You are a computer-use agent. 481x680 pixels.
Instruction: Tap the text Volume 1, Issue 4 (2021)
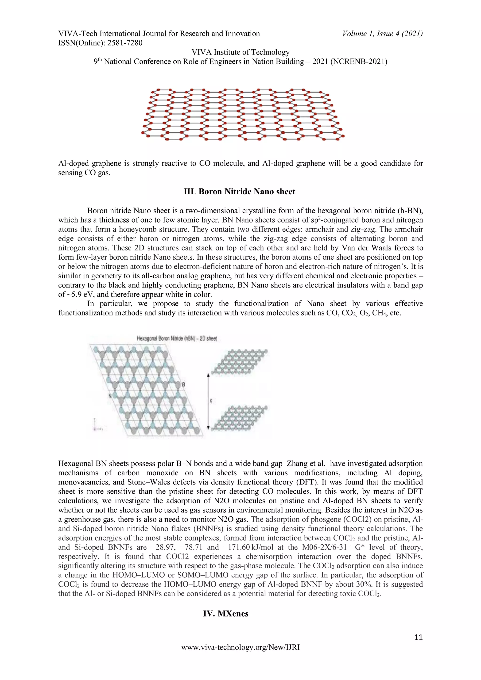(x=382, y=34)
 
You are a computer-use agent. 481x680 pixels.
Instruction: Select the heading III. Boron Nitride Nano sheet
(x=240, y=192)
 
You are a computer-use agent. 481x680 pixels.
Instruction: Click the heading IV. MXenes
(x=225, y=613)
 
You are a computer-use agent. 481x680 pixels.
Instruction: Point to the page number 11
(x=418, y=637)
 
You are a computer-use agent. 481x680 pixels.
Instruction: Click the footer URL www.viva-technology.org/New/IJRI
(x=240, y=647)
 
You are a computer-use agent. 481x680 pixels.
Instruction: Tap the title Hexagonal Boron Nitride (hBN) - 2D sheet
(x=177, y=338)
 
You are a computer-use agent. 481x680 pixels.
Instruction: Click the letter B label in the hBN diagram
(x=183, y=385)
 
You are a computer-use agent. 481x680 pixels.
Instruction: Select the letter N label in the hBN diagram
(x=110, y=396)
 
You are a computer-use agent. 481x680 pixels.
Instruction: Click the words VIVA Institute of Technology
(x=240, y=52)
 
